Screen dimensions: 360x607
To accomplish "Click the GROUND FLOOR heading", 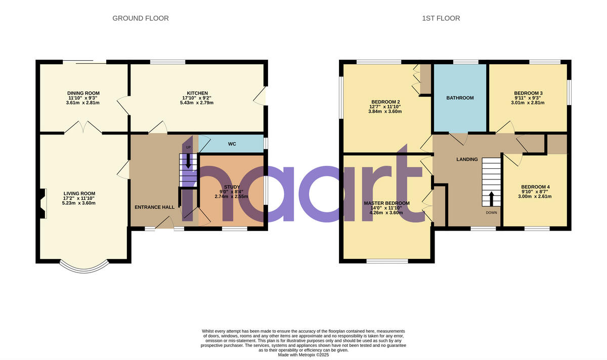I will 140,18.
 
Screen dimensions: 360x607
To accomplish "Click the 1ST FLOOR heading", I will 441,18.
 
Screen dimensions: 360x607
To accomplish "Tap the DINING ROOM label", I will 83,93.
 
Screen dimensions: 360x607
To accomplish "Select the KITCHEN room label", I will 197,93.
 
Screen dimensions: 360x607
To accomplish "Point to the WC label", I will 232,144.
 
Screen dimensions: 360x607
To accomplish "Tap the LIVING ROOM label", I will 79,193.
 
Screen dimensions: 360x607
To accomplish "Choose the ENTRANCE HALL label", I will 154,207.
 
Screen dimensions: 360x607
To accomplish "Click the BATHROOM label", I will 460,98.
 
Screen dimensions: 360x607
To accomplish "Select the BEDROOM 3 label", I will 528,93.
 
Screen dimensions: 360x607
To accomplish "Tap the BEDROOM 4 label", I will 535,187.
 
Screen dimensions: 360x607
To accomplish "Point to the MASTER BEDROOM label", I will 386,203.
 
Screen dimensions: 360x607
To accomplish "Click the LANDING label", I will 467,159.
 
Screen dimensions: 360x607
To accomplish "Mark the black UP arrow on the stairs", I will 189,161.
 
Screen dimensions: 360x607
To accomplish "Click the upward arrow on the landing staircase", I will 491,197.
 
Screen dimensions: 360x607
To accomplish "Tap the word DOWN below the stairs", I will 491,212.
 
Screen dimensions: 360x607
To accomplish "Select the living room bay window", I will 83,264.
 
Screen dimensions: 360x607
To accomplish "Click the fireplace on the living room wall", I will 42,204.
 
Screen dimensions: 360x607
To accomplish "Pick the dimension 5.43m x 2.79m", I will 197,103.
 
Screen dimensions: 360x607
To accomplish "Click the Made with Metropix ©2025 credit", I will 303,355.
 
